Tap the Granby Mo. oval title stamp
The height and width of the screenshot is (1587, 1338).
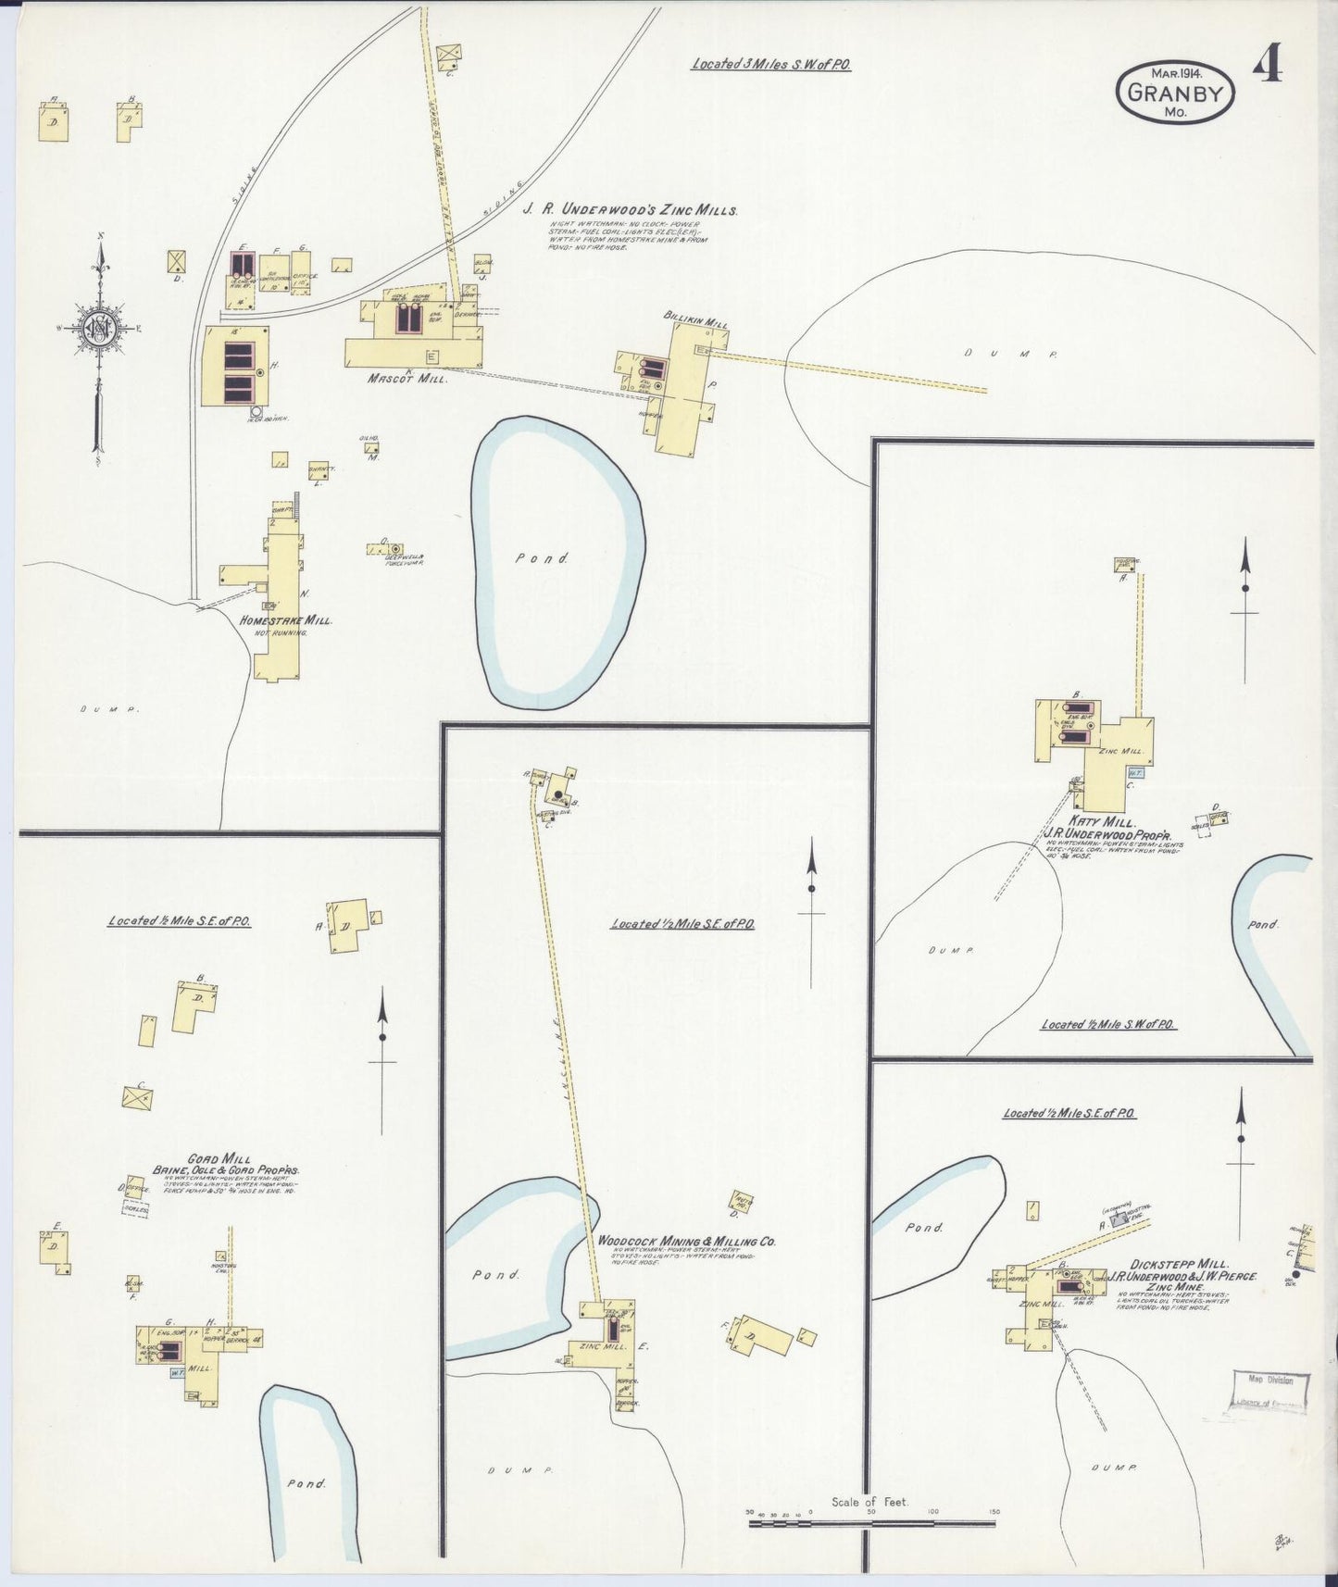tap(1175, 93)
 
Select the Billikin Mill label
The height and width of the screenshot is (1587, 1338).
tap(694, 318)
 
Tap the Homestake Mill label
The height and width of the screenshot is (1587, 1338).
tap(285, 620)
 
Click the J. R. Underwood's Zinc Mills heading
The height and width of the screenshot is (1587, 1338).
tap(630, 210)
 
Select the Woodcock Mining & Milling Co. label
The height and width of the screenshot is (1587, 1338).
tap(686, 1241)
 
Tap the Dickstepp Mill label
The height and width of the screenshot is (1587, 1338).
tap(1167, 1263)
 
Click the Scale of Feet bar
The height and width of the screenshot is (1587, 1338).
tap(870, 1522)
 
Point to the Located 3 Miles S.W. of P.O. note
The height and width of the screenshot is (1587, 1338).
tap(770, 65)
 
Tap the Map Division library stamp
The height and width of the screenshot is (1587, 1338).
tap(1269, 1392)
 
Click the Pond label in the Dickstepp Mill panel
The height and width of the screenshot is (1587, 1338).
tap(923, 1227)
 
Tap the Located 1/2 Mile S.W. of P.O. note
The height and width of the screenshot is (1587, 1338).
tap(1107, 1024)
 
